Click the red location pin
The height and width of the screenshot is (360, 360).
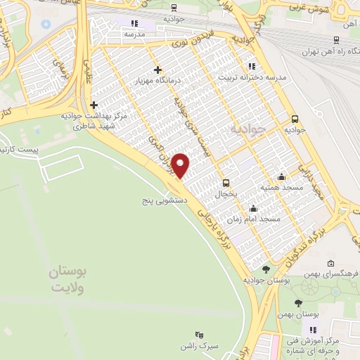tap(181, 165)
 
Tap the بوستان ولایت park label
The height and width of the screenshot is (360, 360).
tap(67, 280)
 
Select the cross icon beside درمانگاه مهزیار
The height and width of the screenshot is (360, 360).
tap(157, 70)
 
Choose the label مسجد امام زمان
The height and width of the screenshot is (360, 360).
tap(260, 219)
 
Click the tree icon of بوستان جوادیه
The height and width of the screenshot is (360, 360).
tap(266, 269)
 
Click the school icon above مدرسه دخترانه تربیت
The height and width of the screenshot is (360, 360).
tap(252, 67)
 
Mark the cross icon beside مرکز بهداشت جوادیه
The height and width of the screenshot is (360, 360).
tap(94, 105)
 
